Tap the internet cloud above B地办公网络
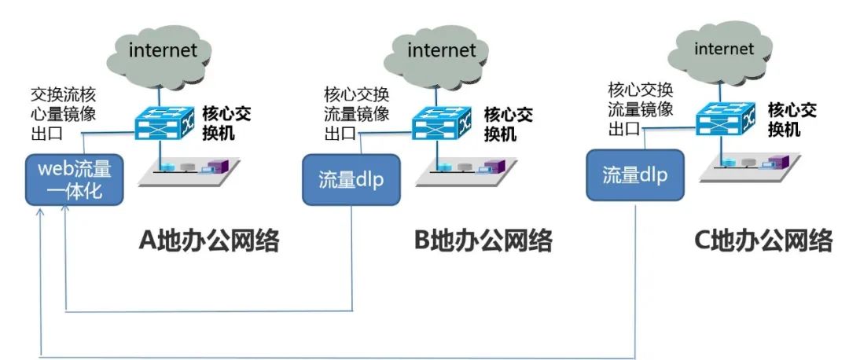[x=441, y=51]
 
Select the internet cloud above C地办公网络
[x=723, y=50]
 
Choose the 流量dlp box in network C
[x=634, y=174]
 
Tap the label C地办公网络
[x=763, y=239]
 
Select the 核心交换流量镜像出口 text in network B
[x=356, y=112]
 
